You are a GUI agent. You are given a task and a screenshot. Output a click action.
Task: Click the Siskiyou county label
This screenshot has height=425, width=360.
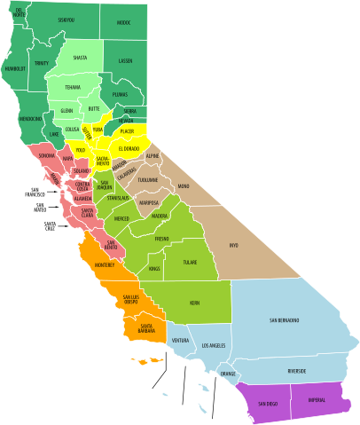tap(66, 19)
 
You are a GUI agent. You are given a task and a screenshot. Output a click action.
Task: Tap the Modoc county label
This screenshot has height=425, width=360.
tap(122, 22)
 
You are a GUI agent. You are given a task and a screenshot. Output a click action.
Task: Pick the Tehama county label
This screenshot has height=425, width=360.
tap(73, 87)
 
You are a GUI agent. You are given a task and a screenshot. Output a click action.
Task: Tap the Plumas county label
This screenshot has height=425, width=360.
tap(121, 92)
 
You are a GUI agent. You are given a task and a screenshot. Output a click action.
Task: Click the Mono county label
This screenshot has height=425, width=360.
tap(184, 186)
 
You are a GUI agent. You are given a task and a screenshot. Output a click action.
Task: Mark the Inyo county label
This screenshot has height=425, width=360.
tap(234, 245)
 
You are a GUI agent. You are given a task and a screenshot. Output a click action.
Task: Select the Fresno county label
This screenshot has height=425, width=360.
tap(161, 239)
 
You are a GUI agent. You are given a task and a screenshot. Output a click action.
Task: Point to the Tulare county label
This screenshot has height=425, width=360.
tap(191, 263)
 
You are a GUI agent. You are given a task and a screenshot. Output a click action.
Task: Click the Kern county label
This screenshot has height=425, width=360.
tap(194, 303)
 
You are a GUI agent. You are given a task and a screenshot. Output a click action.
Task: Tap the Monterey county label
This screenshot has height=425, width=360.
tap(106, 264)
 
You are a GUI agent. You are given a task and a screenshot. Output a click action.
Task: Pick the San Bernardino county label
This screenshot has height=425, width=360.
tap(284, 319)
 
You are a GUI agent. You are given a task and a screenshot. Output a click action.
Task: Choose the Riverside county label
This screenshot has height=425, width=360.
tap(297, 371)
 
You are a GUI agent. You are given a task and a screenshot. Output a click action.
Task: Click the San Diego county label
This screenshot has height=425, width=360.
tap(267, 405)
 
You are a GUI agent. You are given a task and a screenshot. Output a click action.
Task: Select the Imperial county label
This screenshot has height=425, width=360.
tap(317, 400)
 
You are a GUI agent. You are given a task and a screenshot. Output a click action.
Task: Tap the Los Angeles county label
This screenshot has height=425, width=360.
tap(215, 344)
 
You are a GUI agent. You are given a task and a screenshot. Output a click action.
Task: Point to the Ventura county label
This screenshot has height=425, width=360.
tap(180, 340)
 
